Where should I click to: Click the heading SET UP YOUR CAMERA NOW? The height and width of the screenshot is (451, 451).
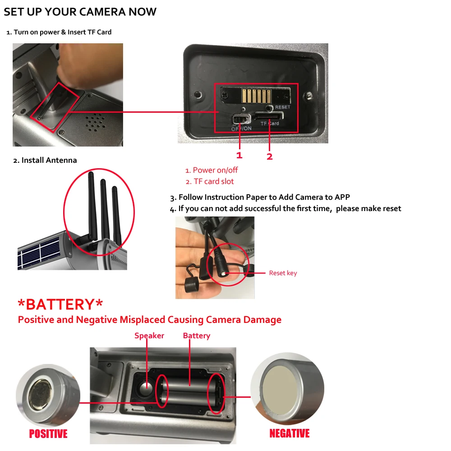click(80, 12)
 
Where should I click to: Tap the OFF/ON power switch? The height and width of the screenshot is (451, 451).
click(241, 119)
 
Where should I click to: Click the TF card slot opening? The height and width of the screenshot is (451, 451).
click(269, 116)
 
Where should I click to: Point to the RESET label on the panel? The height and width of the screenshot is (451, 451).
click(283, 107)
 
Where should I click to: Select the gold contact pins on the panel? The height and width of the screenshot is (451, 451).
click(256, 96)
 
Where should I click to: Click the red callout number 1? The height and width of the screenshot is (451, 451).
click(239, 155)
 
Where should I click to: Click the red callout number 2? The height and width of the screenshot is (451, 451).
click(270, 156)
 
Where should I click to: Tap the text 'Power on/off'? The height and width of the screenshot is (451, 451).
click(215, 170)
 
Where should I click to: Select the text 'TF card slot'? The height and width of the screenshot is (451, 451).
click(214, 181)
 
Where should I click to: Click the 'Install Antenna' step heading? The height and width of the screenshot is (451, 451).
click(49, 160)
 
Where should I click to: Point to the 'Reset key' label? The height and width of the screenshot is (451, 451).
click(283, 273)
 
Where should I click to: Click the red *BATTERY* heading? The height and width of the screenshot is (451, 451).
click(60, 304)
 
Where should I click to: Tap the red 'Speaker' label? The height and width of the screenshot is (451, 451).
click(149, 336)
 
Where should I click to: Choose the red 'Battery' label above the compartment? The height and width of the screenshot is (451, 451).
click(197, 336)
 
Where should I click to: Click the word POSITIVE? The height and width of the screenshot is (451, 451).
click(48, 433)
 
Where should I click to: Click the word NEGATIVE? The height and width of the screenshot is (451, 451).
click(290, 433)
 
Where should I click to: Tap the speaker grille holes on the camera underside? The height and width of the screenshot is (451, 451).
click(96, 122)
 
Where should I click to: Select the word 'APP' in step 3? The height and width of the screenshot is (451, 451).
click(342, 197)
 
